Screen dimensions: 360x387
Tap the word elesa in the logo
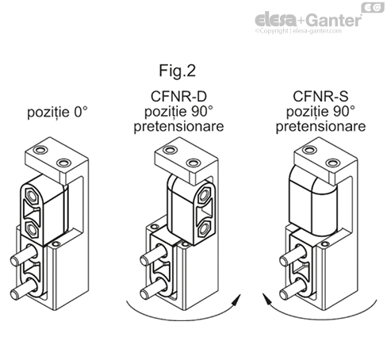point(277,18)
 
